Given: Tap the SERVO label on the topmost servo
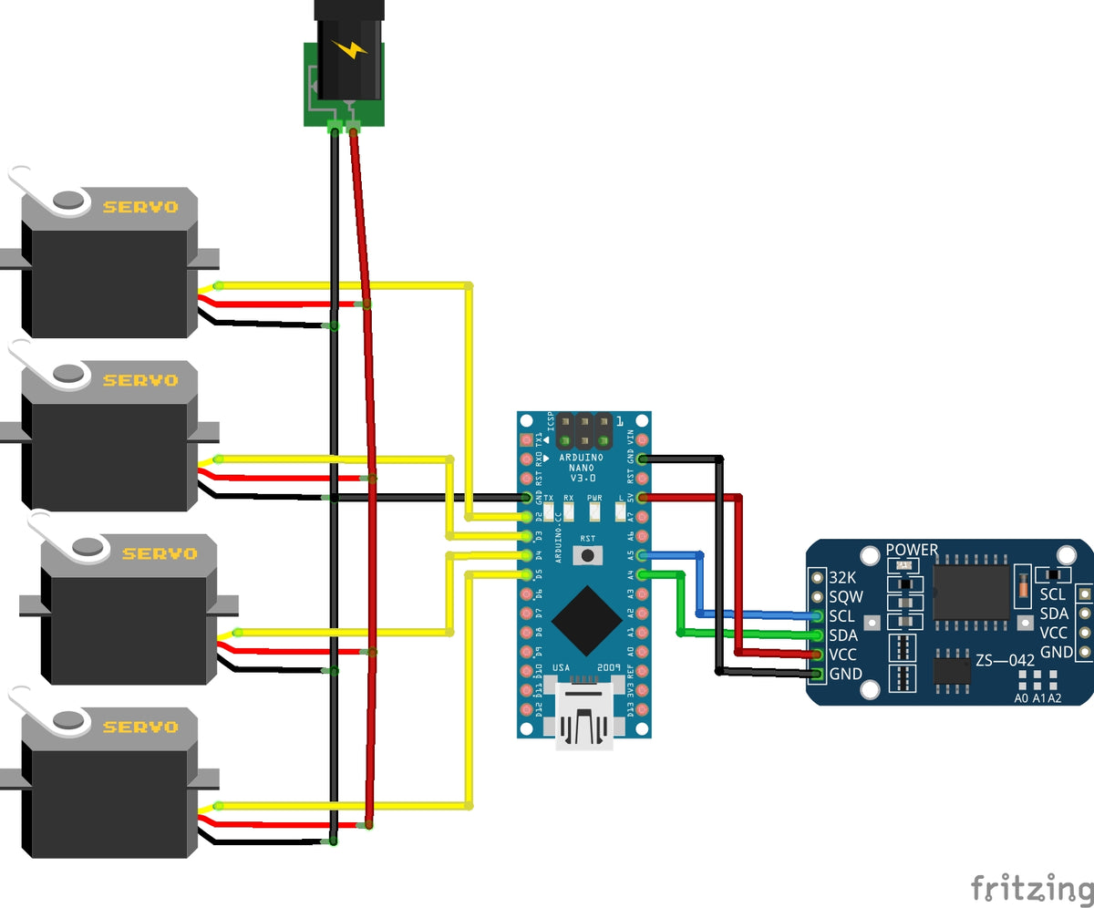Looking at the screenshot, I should tap(140, 207).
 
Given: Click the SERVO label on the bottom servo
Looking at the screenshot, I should tap(140, 727).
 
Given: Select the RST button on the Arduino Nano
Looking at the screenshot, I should tap(588, 554).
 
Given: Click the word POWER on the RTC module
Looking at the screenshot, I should tap(912, 550).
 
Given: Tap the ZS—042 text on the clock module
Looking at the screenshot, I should tap(1005, 659).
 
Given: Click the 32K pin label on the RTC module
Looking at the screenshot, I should tap(842, 577).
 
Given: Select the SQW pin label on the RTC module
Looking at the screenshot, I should tap(846, 597).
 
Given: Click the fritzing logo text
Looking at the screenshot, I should tap(1030, 887).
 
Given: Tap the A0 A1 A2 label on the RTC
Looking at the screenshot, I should tap(1037, 698).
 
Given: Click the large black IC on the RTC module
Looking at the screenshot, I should tap(970, 592).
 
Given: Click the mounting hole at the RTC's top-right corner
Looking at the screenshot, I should tap(1066, 554).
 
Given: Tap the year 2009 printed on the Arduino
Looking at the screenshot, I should tap(609, 668).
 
